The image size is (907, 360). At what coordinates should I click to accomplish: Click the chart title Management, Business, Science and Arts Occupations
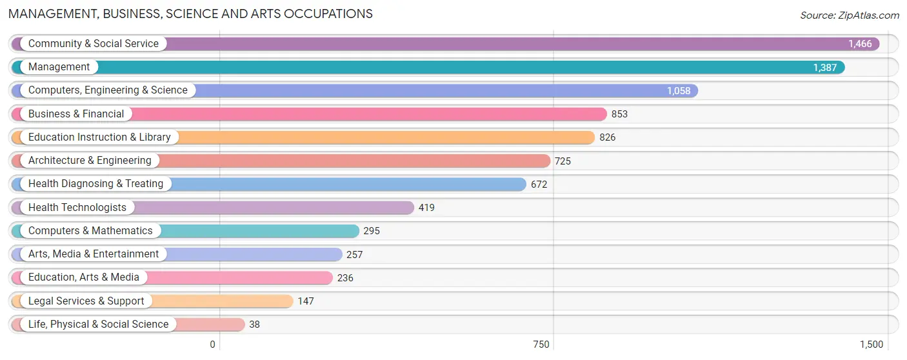pos(190,14)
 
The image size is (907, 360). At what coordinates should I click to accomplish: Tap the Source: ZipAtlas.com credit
pos(850,15)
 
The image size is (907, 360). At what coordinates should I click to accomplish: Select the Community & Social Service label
pos(94,43)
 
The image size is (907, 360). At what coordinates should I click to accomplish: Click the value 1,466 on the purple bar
pos(860,44)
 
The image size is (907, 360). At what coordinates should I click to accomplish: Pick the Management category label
pos(59,67)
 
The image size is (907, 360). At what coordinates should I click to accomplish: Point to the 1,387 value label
pos(825,67)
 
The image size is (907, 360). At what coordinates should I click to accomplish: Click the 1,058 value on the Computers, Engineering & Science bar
pos(679,91)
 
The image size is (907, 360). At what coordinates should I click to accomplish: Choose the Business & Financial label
pos(76,114)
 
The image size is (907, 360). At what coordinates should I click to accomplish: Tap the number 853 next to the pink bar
pos(619,114)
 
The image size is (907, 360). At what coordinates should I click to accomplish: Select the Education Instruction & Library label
pos(99,137)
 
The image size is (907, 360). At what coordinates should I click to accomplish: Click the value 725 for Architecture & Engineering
pos(563,161)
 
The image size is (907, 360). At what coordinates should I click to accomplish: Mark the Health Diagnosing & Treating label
pos(96,184)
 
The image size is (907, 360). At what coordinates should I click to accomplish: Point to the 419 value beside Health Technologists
pos(426,208)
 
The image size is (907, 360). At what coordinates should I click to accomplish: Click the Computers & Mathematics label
pos(90,231)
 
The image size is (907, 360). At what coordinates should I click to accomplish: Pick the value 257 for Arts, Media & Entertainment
pos(355,255)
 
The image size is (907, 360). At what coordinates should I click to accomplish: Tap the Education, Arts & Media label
pos(84,277)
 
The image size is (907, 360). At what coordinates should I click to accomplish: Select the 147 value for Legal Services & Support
pos(306,301)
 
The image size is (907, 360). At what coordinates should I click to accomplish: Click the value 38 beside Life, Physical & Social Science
pos(254,325)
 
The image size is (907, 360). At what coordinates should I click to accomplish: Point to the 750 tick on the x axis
pos(541,345)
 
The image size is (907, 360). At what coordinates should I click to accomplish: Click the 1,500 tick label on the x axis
pos(872,345)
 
